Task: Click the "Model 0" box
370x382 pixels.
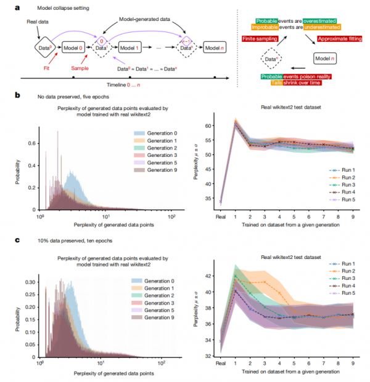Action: pos(73,47)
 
